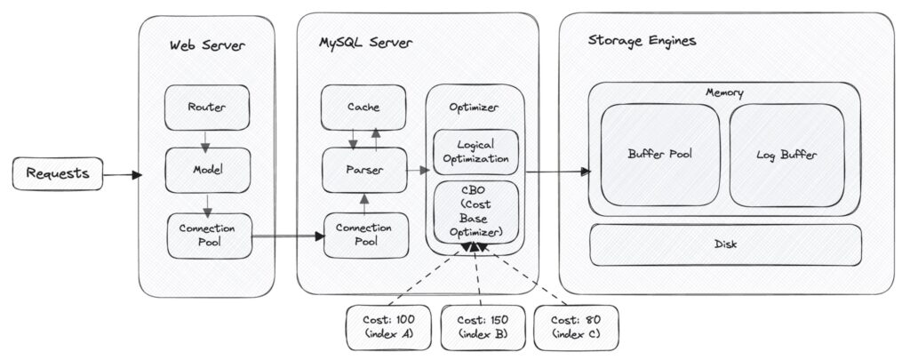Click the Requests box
pos(58,173)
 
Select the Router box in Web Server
pos(207,108)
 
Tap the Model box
pos(208,170)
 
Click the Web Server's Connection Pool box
pos(210,236)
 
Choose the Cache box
pos(363,108)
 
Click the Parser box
pos(364,170)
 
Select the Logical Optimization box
pos(476,152)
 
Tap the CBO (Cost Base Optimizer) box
pos(476,212)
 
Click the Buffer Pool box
pos(660,155)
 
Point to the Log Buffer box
pos(787,155)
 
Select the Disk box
pos(725,244)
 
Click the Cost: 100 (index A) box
pos(389,327)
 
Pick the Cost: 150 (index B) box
pos(483,327)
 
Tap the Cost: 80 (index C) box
pos(576,327)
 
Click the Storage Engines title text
pos(643,41)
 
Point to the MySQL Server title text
pos(365,43)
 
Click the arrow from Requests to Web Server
pos(123,174)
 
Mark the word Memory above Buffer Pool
pos(724,92)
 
